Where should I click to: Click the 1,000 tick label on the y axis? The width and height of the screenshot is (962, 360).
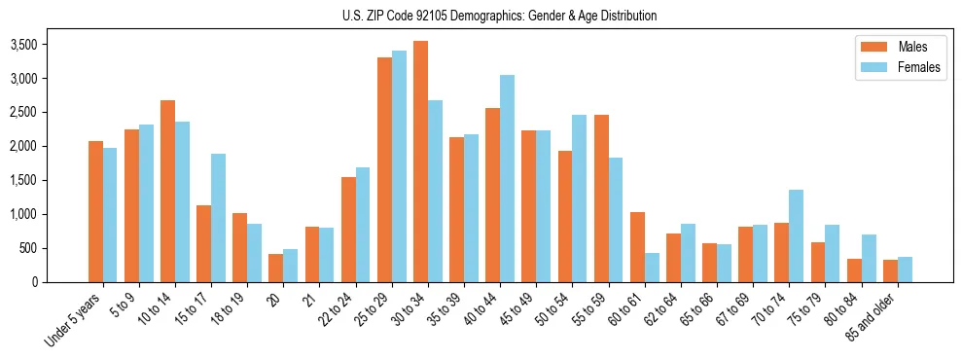pyautogui.click(x=23, y=215)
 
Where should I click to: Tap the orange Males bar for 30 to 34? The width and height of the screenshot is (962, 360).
pyautogui.click(x=420, y=162)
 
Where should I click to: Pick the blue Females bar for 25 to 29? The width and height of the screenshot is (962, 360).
pyautogui.click(x=399, y=166)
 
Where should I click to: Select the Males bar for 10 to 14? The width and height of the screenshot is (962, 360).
pyautogui.click(x=167, y=191)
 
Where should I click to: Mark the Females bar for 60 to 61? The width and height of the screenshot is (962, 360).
pyautogui.click(x=652, y=268)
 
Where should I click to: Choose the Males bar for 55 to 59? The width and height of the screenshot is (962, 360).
pyautogui.click(x=601, y=198)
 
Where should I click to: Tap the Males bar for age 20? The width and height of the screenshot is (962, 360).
pyautogui.click(x=276, y=268)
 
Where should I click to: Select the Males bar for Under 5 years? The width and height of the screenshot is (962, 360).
pyautogui.click(x=95, y=211)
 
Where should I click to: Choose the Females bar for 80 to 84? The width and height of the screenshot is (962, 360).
pyautogui.click(x=869, y=258)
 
